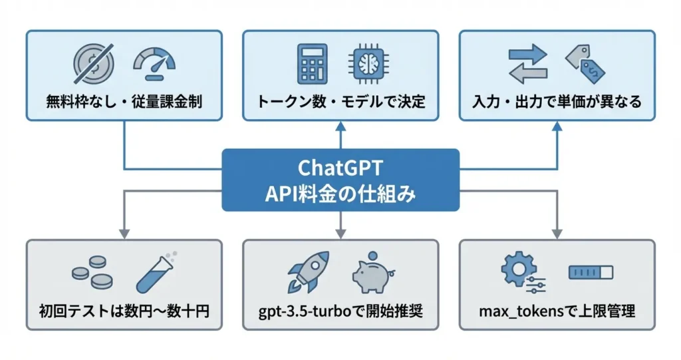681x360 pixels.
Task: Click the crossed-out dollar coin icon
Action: coord(94,64)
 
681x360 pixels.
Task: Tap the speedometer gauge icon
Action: coord(154,64)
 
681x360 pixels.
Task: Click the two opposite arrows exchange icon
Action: coord(527,64)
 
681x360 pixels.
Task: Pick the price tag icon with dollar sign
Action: coord(583,63)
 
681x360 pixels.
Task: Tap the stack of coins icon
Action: coord(91,273)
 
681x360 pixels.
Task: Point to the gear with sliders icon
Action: coord(521,273)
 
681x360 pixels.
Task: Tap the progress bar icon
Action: coord(591,272)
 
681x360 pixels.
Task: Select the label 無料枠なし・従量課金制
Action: coord(124,102)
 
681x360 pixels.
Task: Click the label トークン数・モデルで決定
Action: coord(340,102)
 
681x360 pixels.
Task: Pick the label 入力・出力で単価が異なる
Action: coord(557,102)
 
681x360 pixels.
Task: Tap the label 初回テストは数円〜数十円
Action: coord(124,310)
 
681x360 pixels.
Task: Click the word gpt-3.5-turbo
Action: coord(304,311)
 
